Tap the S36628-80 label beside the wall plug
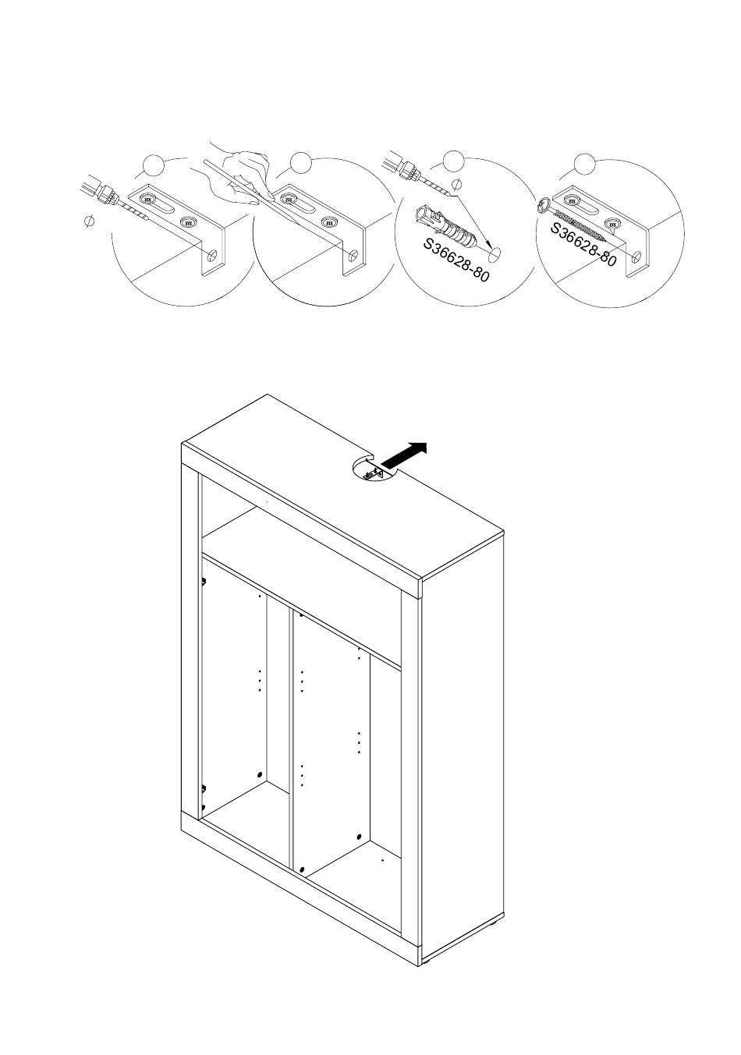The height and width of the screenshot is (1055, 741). [456, 260]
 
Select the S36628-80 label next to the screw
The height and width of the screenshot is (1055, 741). [583, 244]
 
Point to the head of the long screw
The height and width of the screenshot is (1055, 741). [544, 206]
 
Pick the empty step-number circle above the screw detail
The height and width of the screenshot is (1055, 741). [584, 164]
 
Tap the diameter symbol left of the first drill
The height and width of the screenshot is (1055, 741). [90, 222]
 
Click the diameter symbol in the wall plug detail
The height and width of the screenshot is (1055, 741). [457, 184]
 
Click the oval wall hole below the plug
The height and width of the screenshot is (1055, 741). [493, 252]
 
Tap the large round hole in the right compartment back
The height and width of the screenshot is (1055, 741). [358, 836]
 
